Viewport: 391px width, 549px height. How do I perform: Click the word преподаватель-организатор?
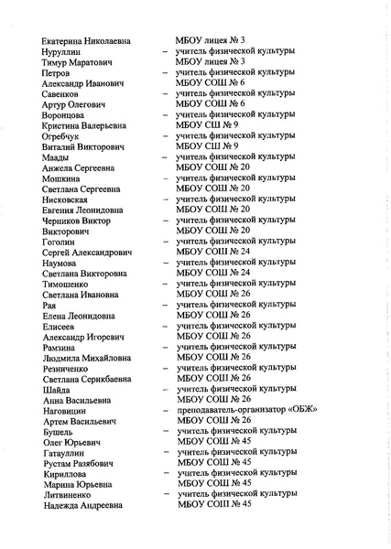click(232, 409)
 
